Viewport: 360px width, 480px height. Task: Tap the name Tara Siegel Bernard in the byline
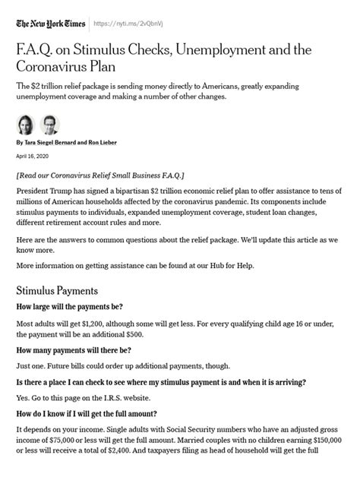(49, 142)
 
